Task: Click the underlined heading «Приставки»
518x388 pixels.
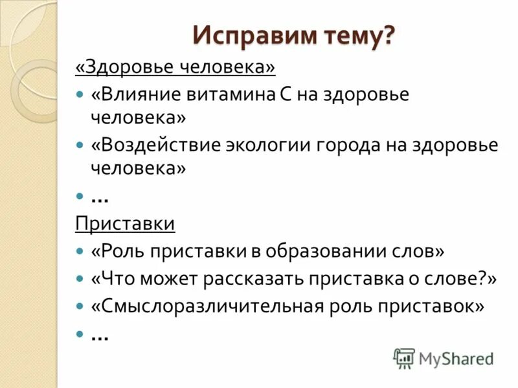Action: pos(125,224)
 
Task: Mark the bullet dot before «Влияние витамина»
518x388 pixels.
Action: pos(80,94)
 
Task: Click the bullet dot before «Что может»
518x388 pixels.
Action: pos(80,279)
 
